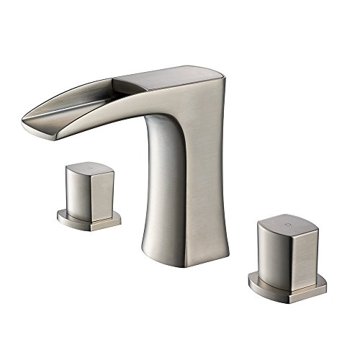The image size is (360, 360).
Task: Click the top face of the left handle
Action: (x=89, y=169)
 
